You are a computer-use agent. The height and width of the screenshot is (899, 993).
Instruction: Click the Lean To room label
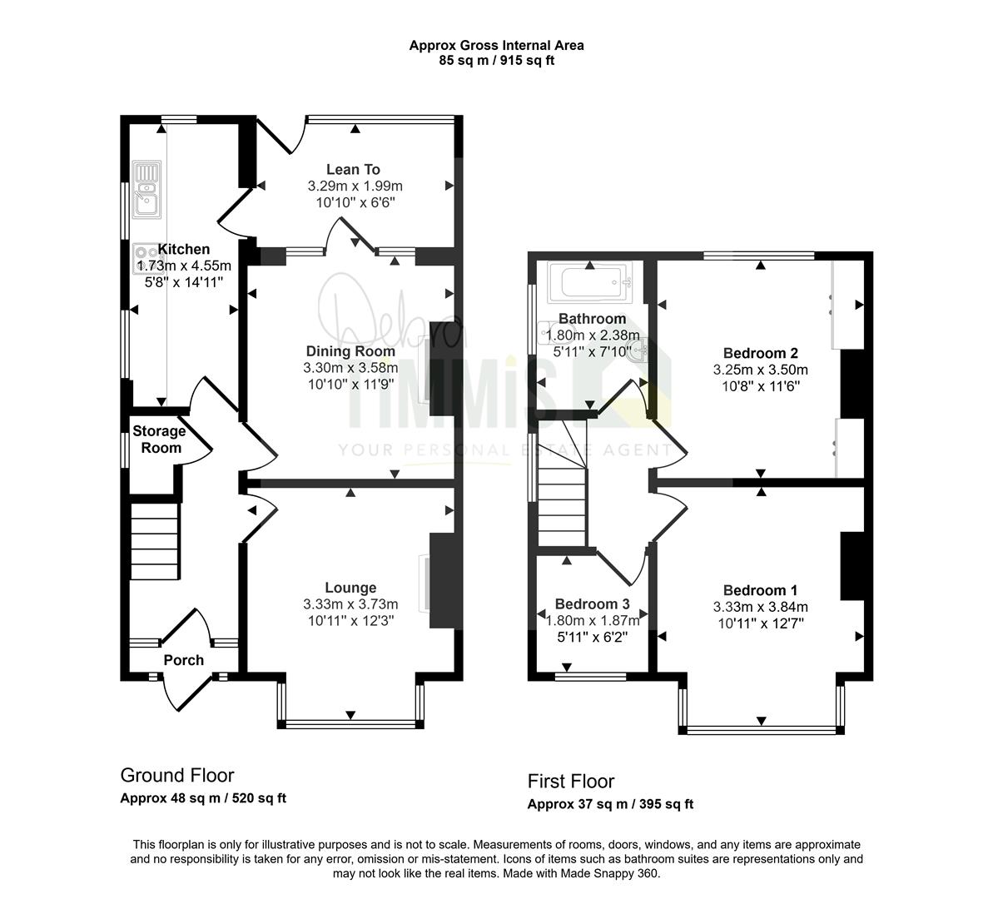point(353,169)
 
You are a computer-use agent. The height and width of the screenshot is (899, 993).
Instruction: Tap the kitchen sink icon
point(146,190)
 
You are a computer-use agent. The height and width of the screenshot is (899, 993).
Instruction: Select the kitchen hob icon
point(145,259)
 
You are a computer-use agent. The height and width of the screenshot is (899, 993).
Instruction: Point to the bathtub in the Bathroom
point(590,282)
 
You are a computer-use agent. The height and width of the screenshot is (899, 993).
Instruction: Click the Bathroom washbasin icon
point(637,349)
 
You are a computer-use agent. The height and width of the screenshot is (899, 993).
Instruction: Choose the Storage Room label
point(159,439)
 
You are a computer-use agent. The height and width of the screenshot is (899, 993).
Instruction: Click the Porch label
point(184,660)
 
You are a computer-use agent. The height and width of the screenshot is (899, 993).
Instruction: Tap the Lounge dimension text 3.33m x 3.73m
point(351,604)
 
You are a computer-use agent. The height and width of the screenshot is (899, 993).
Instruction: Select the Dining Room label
point(350,351)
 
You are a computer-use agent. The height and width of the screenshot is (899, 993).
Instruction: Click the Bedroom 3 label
point(592,603)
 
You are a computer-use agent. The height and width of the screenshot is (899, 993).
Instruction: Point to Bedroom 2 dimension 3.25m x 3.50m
point(761,370)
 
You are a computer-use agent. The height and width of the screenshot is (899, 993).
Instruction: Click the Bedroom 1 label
point(761,590)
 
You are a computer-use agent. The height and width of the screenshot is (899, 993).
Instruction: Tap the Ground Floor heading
point(177,775)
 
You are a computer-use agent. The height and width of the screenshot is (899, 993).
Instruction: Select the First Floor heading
point(571,781)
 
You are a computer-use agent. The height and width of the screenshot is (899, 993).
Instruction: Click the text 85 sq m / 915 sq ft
point(496,61)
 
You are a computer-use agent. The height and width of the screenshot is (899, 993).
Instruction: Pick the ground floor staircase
point(155,541)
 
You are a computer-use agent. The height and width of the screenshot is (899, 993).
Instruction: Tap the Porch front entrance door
point(184,693)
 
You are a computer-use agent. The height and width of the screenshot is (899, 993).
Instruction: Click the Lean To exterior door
point(281,136)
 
